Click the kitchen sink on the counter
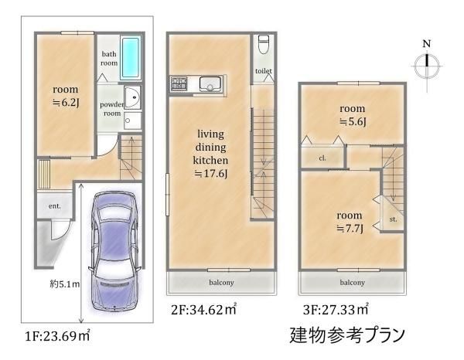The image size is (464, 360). click(210, 83)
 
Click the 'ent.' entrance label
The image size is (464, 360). click(56, 206)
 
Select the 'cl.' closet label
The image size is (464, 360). click(320, 159)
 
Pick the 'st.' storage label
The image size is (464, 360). click(393, 219)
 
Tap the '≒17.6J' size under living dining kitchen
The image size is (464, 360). click(210, 175)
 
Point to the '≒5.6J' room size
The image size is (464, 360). click(352, 122)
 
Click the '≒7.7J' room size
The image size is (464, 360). click(350, 227)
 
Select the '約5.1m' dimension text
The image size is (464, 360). click(65, 284)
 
